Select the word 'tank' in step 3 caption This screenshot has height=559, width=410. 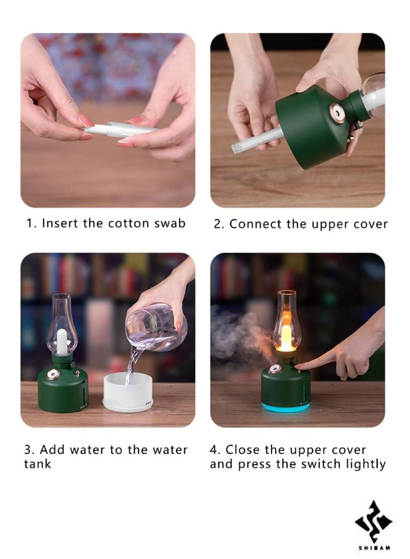[x=37, y=464]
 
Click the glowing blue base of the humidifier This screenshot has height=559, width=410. [x=286, y=407]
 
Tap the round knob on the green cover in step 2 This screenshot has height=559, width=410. [x=338, y=114]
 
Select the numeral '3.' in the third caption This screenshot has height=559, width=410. [x=29, y=450]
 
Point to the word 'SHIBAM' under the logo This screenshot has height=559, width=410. [x=373, y=548]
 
